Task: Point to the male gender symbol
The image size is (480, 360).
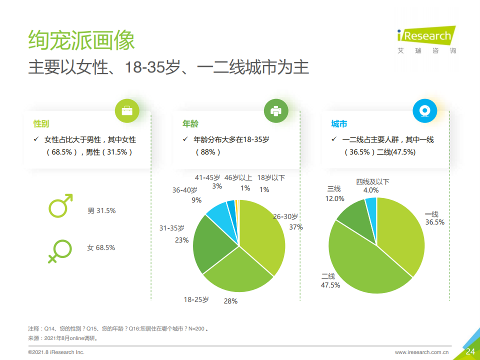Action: (60, 205)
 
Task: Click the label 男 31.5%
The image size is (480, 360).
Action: (101, 211)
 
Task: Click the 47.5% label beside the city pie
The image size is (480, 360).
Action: (330, 285)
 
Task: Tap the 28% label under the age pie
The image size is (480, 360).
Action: (230, 301)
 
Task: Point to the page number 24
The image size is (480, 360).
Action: (470, 351)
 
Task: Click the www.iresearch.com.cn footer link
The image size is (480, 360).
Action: (421, 352)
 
